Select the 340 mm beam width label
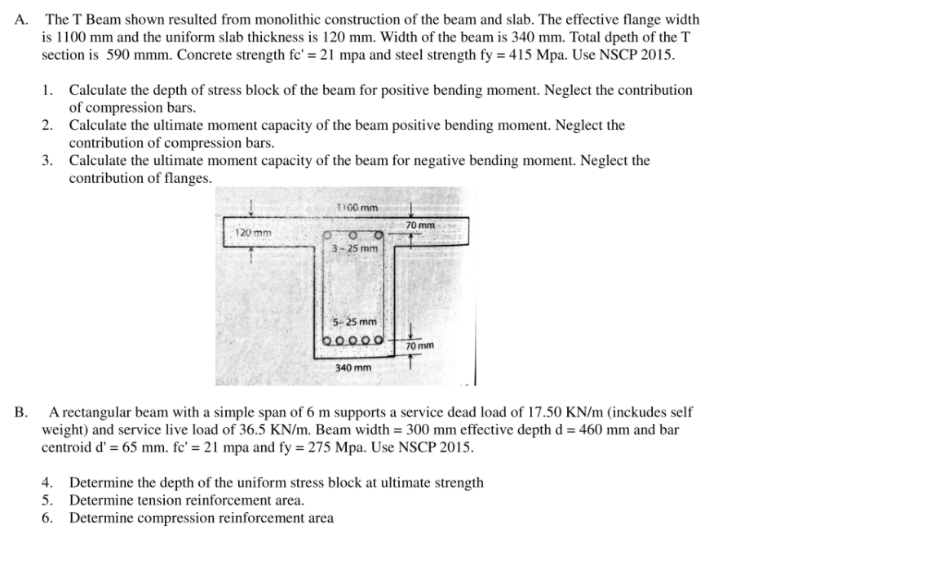[x=353, y=368]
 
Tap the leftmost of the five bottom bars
[x=328, y=341]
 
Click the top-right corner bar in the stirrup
[x=379, y=235]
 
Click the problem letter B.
[x=20, y=413]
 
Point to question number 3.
[x=47, y=160]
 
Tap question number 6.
[x=47, y=518]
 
